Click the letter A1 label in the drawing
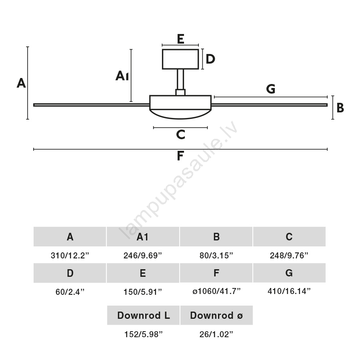pos(122,76)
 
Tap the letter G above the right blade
pos(271,89)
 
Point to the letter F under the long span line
pos(180,156)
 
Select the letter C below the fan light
pos(180,134)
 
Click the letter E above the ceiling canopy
pos(180,39)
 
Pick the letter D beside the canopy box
pos(210,59)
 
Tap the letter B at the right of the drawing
pos(340,108)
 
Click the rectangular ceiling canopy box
pos(180,59)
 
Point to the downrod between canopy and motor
pos(180,79)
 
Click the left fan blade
pos(91,105)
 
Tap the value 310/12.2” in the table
pos(70,255)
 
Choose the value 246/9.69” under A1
pos(142,255)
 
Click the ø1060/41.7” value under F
pos(216,291)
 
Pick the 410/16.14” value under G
pos(289,291)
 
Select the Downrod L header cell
pos(143,315)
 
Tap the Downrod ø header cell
pos(216,315)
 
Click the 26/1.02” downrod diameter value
pos(216,334)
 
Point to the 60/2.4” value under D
pos(70,292)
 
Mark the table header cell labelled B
pos(216,237)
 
